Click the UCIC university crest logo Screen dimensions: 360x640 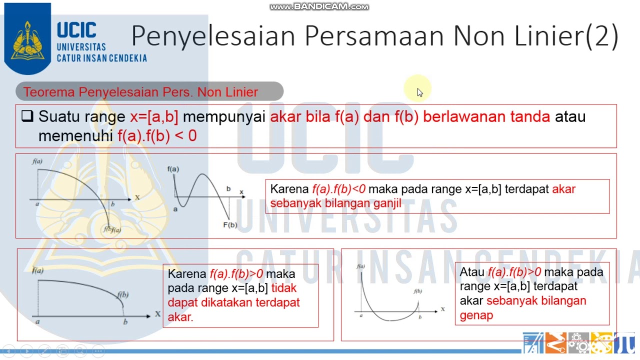click(x=27, y=39)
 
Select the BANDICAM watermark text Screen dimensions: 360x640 click(x=319, y=6)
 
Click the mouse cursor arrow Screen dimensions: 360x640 click(x=419, y=92)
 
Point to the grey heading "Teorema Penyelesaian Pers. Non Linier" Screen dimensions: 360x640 click(x=140, y=92)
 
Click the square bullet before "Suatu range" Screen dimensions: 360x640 click(x=27, y=116)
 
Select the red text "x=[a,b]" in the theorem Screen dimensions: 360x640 click(x=154, y=117)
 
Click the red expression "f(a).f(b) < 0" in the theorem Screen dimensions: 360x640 click(x=157, y=135)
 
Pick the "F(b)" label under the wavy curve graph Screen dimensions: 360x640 click(x=230, y=225)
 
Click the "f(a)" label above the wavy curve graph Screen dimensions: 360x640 click(x=173, y=169)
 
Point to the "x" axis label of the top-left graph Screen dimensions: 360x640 click(x=137, y=197)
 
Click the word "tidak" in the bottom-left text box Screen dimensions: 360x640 click(x=283, y=288)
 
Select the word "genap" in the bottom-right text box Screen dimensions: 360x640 click(x=476, y=315)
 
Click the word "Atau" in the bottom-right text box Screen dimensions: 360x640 click(x=472, y=272)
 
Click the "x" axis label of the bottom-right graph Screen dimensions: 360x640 click(x=442, y=309)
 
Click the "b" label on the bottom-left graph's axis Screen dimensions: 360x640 click(x=125, y=322)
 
